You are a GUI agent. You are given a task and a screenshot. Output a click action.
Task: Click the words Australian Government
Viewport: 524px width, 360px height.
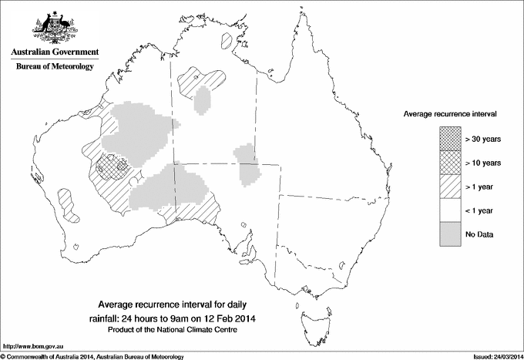pos(54,52)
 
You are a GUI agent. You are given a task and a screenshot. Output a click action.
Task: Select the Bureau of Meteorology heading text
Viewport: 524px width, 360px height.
pos(54,67)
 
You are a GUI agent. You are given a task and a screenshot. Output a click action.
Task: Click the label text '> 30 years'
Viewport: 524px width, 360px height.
pos(484,140)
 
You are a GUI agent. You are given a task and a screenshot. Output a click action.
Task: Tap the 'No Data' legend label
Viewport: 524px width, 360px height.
pos(480,234)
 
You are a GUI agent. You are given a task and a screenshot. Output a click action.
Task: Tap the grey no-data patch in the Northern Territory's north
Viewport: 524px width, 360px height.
pos(203,99)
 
